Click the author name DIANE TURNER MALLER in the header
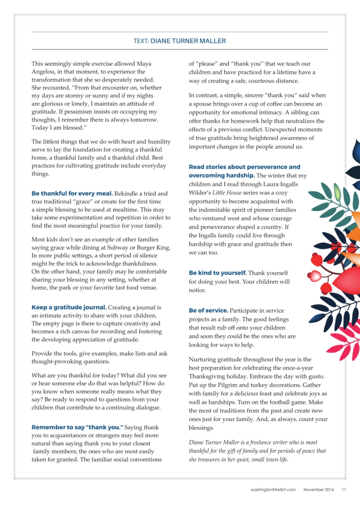188,41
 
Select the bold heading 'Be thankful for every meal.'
72,194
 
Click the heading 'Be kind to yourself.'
218,273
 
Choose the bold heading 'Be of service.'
208,311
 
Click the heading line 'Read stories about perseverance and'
244,167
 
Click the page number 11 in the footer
344,489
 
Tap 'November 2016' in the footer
318,489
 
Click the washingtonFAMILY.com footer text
272,489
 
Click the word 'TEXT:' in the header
141,41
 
